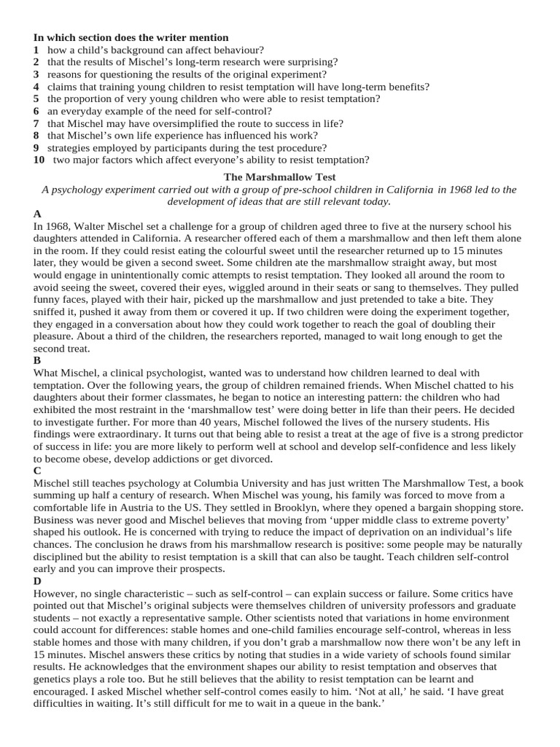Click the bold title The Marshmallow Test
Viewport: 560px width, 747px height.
click(280, 177)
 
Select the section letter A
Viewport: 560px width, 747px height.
click(37, 214)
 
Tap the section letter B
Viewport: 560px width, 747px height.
click(37, 361)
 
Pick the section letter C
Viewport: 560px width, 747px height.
click(38, 471)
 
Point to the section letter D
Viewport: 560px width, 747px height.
click(38, 581)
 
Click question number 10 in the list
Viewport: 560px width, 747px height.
click(39, 160)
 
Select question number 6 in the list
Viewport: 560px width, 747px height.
click(36, 111)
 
